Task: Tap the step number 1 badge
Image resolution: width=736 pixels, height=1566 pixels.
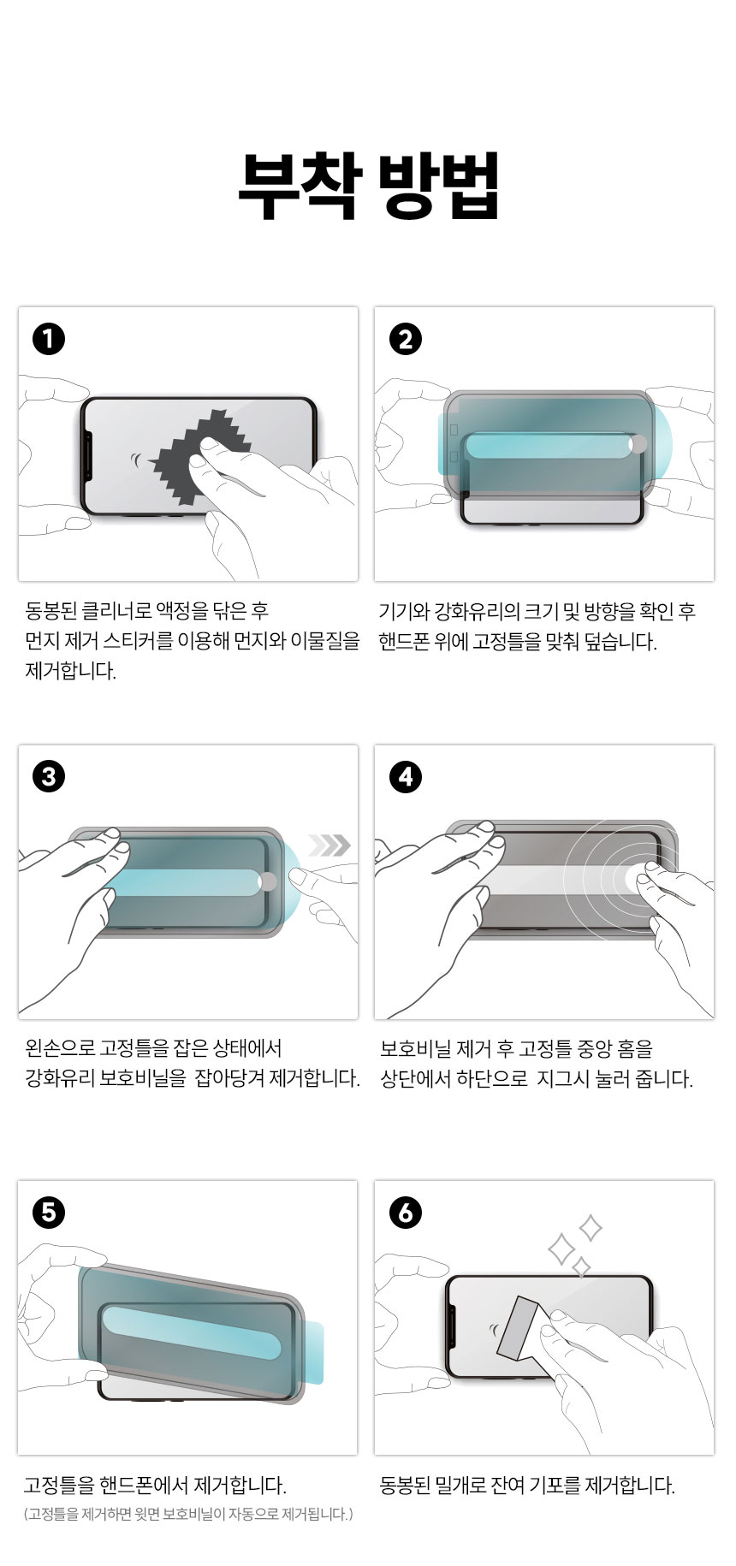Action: click(x=49, y=339)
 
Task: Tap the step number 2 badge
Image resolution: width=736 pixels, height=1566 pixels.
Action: click(x=406, y=339)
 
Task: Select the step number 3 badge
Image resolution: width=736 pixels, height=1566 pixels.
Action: click(x=49, y=776)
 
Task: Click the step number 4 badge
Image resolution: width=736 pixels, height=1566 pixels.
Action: click(x=406, y=776)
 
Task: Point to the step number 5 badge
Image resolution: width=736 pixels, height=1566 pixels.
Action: click(x=49, y=1213)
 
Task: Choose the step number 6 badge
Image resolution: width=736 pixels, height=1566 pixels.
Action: click(x=406, y=1213)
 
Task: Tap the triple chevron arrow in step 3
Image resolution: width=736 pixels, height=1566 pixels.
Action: click(x=329, y=845)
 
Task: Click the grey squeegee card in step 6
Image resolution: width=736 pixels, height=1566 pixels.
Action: click(x=517, y=1327)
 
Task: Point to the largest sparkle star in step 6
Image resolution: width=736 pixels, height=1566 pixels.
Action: click(x=561, y=1249)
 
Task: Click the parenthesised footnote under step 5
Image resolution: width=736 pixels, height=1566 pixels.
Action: click(x=188, y=1515)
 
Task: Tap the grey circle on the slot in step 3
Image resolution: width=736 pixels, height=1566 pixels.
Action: click(x=268, y=881)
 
